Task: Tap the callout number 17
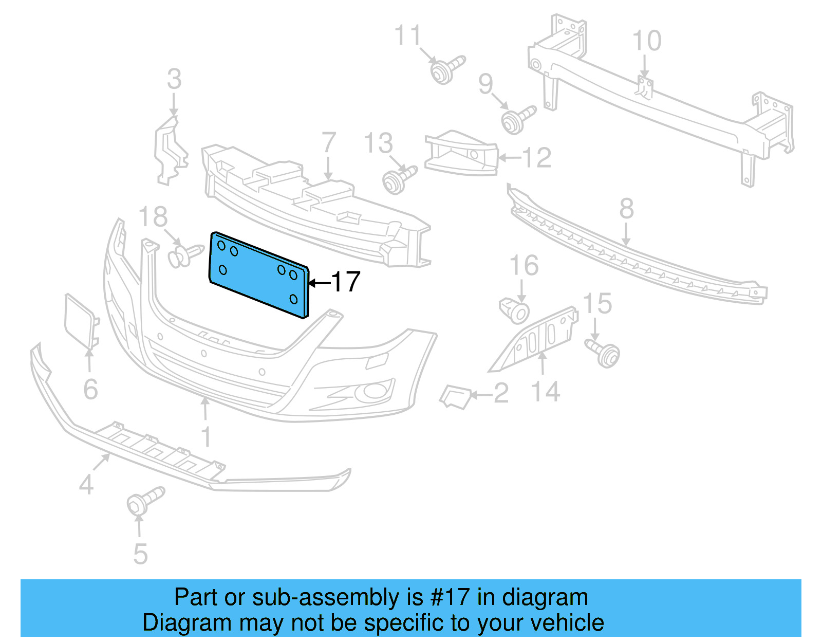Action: click(x=346, y=282)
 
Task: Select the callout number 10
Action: click(x=646, y=41)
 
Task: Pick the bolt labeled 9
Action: click(x=516, y=119)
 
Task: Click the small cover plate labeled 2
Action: click(x=455, y=396)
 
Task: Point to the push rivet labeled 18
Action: click(x=183, y=254)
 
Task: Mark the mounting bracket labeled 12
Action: click(x=461, y=154)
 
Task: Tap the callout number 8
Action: click(x=626, y=209)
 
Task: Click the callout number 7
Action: click(x=328, y=143)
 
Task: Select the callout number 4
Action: click(x=86, y=484)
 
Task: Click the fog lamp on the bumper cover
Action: click(x=371, y=392)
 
